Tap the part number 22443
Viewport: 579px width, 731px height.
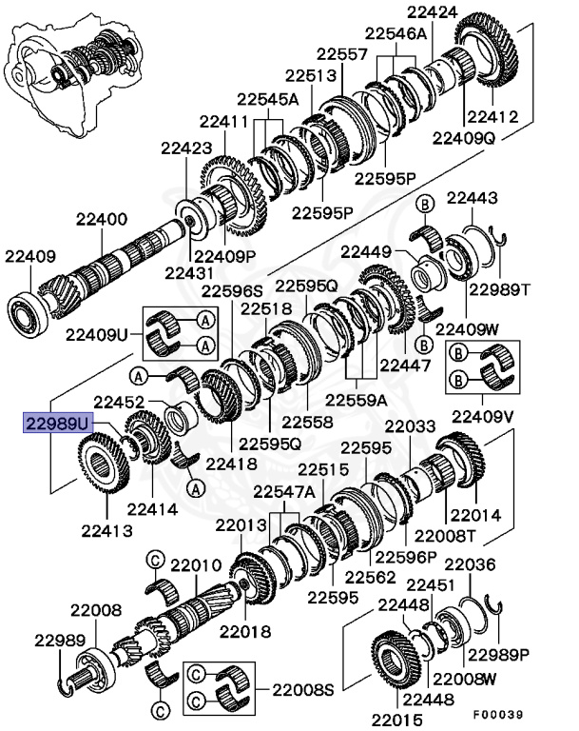[472, 198]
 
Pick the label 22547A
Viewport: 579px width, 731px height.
[283, 491]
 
